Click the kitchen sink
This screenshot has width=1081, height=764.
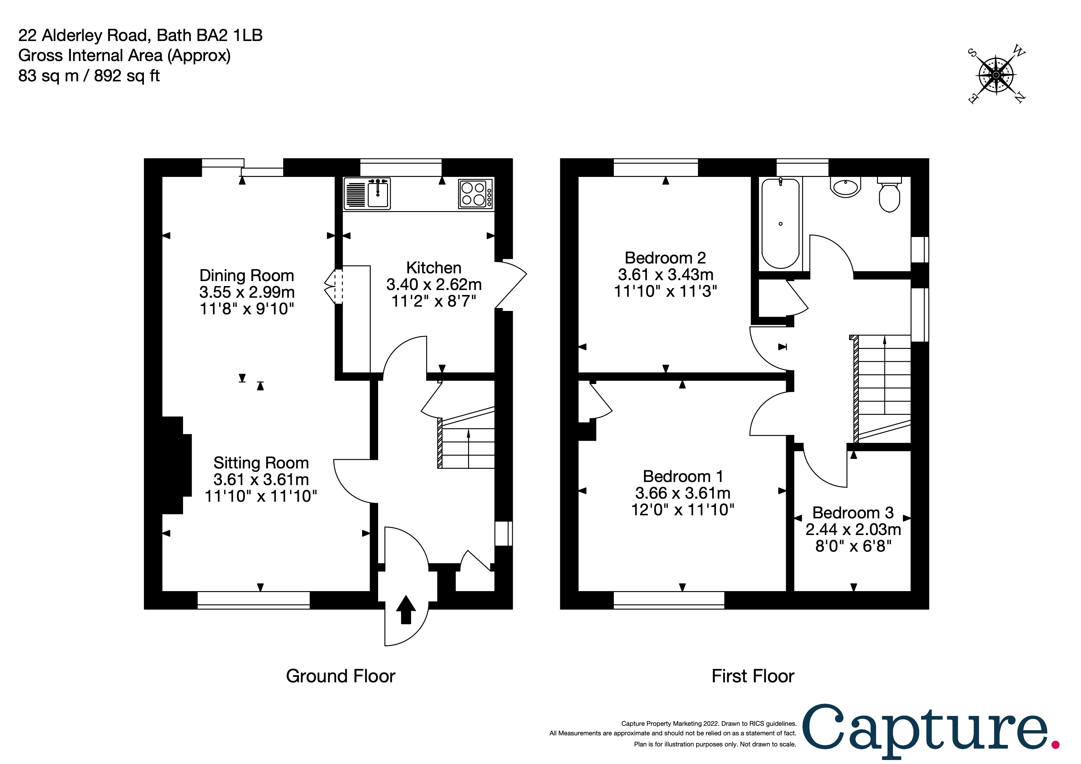pos(377,194)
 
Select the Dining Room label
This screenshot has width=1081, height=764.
pos(247,276)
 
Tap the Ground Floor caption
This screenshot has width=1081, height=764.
pos(341,676)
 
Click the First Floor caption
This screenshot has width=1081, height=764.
pos(753,676)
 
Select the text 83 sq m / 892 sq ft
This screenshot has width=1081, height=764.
pos(89,76)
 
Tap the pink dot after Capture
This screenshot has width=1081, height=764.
pos(1055,745)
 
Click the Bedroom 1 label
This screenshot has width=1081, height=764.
pos(683,476)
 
